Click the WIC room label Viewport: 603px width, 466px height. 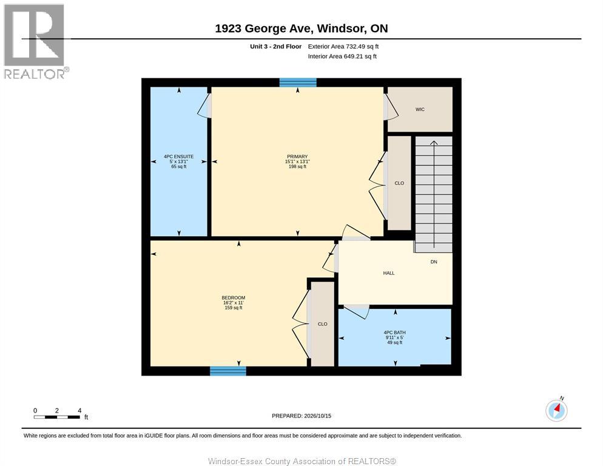click(x=420, y=110)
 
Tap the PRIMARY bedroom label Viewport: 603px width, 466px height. click(x=297, y=157)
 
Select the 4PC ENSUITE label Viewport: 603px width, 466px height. click(x=179, y=157)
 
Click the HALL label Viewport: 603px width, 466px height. click(x=389, y=273)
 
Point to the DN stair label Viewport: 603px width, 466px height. click(x=434, y=262)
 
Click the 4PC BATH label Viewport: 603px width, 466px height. click(x=394, y=333)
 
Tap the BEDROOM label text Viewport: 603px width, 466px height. click(x=234, y=298)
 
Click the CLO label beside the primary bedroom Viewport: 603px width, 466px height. click(x=399, y=183)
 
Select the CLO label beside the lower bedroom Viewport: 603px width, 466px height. click(x=323, y=325)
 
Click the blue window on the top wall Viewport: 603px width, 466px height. click(x=298, y=83)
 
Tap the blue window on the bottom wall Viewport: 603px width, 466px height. click(x=228, y=371)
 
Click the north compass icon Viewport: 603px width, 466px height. click(x=556, y=410)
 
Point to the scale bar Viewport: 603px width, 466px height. click(x=57, y=417)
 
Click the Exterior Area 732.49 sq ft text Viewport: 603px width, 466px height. click(x=343, y=47)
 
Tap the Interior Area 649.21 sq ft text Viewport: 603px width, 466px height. click(x=342, y=56)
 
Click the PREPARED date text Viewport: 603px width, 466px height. click(x=301, y=416)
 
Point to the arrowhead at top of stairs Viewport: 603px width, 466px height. click(x=434, y=143)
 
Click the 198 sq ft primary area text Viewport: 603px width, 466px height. click(x=297, y=167)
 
